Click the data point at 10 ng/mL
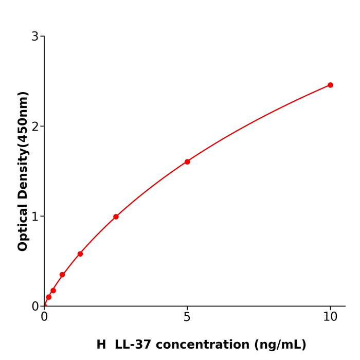330,85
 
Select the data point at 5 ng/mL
187,161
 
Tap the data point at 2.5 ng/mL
116,217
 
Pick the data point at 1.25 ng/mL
80,254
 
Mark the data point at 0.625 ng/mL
62,275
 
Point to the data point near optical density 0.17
53,291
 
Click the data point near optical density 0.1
48,297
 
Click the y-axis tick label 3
35,37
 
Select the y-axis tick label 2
35,127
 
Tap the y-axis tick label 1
35,217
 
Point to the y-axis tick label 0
35,307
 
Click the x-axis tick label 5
187,317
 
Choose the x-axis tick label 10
330,317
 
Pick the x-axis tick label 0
44,317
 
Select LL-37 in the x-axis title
135,345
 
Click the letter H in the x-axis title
101,345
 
